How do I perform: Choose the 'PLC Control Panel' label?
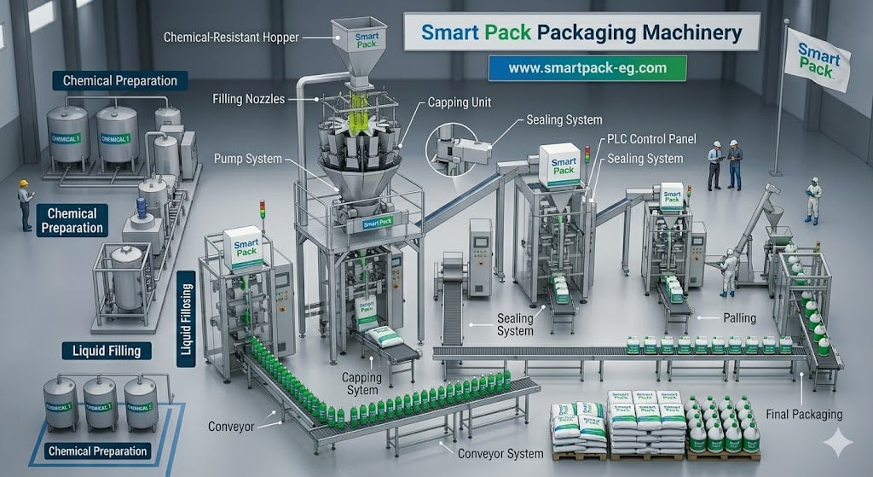pyautogui.click(x=650, y=139)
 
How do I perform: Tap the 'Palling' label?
pyautogui.click(x=739, y=317)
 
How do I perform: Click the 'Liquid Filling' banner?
pyautogui.click(x=101, y=350)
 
